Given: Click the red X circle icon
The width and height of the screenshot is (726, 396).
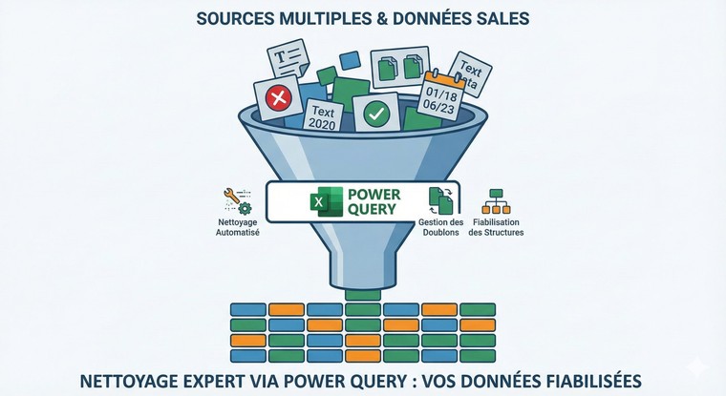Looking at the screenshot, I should (278, 97).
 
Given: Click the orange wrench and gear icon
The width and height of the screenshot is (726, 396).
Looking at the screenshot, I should (233, 199).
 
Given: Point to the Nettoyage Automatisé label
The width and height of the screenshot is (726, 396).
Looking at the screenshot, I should (233, 227).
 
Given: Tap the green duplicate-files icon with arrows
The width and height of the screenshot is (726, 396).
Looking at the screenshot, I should (440, 199).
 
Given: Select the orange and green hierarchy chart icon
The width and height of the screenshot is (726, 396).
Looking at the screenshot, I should (496, 200).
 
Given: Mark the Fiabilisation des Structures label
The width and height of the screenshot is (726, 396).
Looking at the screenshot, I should (496, 227).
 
